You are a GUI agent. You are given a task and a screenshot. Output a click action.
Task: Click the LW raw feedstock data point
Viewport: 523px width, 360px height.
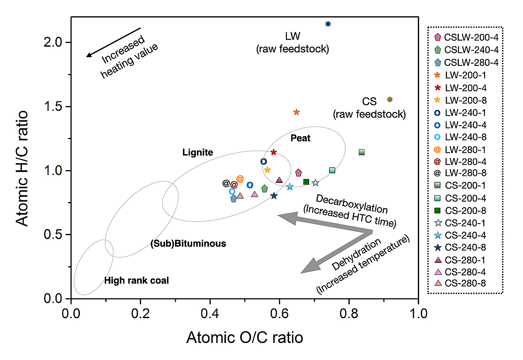tap(328, 24)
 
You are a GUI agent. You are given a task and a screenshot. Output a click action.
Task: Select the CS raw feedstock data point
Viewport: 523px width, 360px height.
tap(390, 99)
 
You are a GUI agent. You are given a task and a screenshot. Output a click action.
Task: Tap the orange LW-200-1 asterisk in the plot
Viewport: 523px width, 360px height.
tap(296, 113)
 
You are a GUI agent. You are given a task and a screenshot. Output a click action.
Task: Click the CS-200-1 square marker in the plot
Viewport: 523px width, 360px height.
tap(361, 152)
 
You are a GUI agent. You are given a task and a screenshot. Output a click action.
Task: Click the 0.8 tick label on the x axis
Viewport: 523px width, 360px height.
tap(349, 313)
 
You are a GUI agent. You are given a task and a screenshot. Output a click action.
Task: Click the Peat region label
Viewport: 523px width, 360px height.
tap(300, 138)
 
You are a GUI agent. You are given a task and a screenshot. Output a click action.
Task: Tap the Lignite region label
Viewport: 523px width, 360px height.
tap(198, 153)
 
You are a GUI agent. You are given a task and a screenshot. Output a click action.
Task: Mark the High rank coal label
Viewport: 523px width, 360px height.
tap(136, 281)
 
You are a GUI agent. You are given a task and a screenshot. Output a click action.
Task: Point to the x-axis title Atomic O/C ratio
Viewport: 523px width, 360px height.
tap(244, 338)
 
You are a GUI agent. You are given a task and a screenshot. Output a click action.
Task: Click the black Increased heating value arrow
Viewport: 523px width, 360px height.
tap(113, 42)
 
